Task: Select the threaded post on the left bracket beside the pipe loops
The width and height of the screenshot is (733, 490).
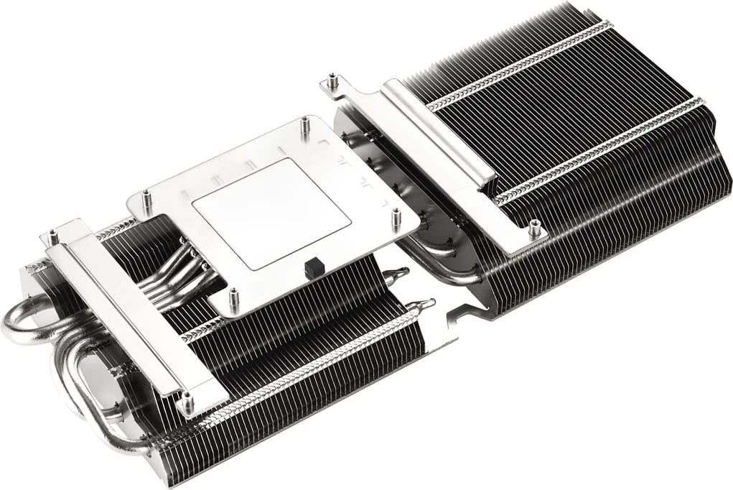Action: pyautogui.click(x=52, y=234)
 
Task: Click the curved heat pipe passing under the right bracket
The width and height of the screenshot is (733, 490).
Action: pyautogui.click(x=431, y=255)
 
